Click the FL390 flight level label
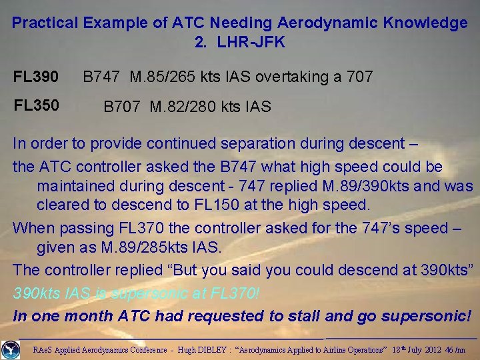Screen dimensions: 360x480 tap(36, 77)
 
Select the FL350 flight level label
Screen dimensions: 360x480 tap(36, 105)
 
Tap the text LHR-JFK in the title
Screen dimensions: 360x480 tap(249, 43)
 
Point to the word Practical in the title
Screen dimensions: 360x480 tap(45, 23)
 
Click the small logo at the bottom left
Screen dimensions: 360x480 tap(11, 349)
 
